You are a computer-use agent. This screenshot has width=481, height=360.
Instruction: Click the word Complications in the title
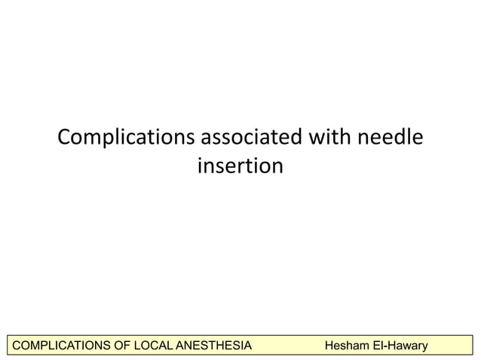[x=126, y=139]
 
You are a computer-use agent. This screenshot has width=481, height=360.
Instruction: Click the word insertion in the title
[x=240, y=165]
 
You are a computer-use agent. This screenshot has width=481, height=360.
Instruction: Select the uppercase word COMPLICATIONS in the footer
[x=59, y=346]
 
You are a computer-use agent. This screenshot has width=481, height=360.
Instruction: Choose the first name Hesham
[x=347, y=346]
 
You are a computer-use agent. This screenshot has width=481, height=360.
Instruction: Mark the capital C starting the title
[x=65, y=139]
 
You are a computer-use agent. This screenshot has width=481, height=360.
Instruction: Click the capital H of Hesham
[x=328, y=346]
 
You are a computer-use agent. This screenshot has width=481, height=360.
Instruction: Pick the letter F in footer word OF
[x=125, y=346]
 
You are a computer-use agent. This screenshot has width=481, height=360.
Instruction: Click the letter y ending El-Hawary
[x=424, y=347]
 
